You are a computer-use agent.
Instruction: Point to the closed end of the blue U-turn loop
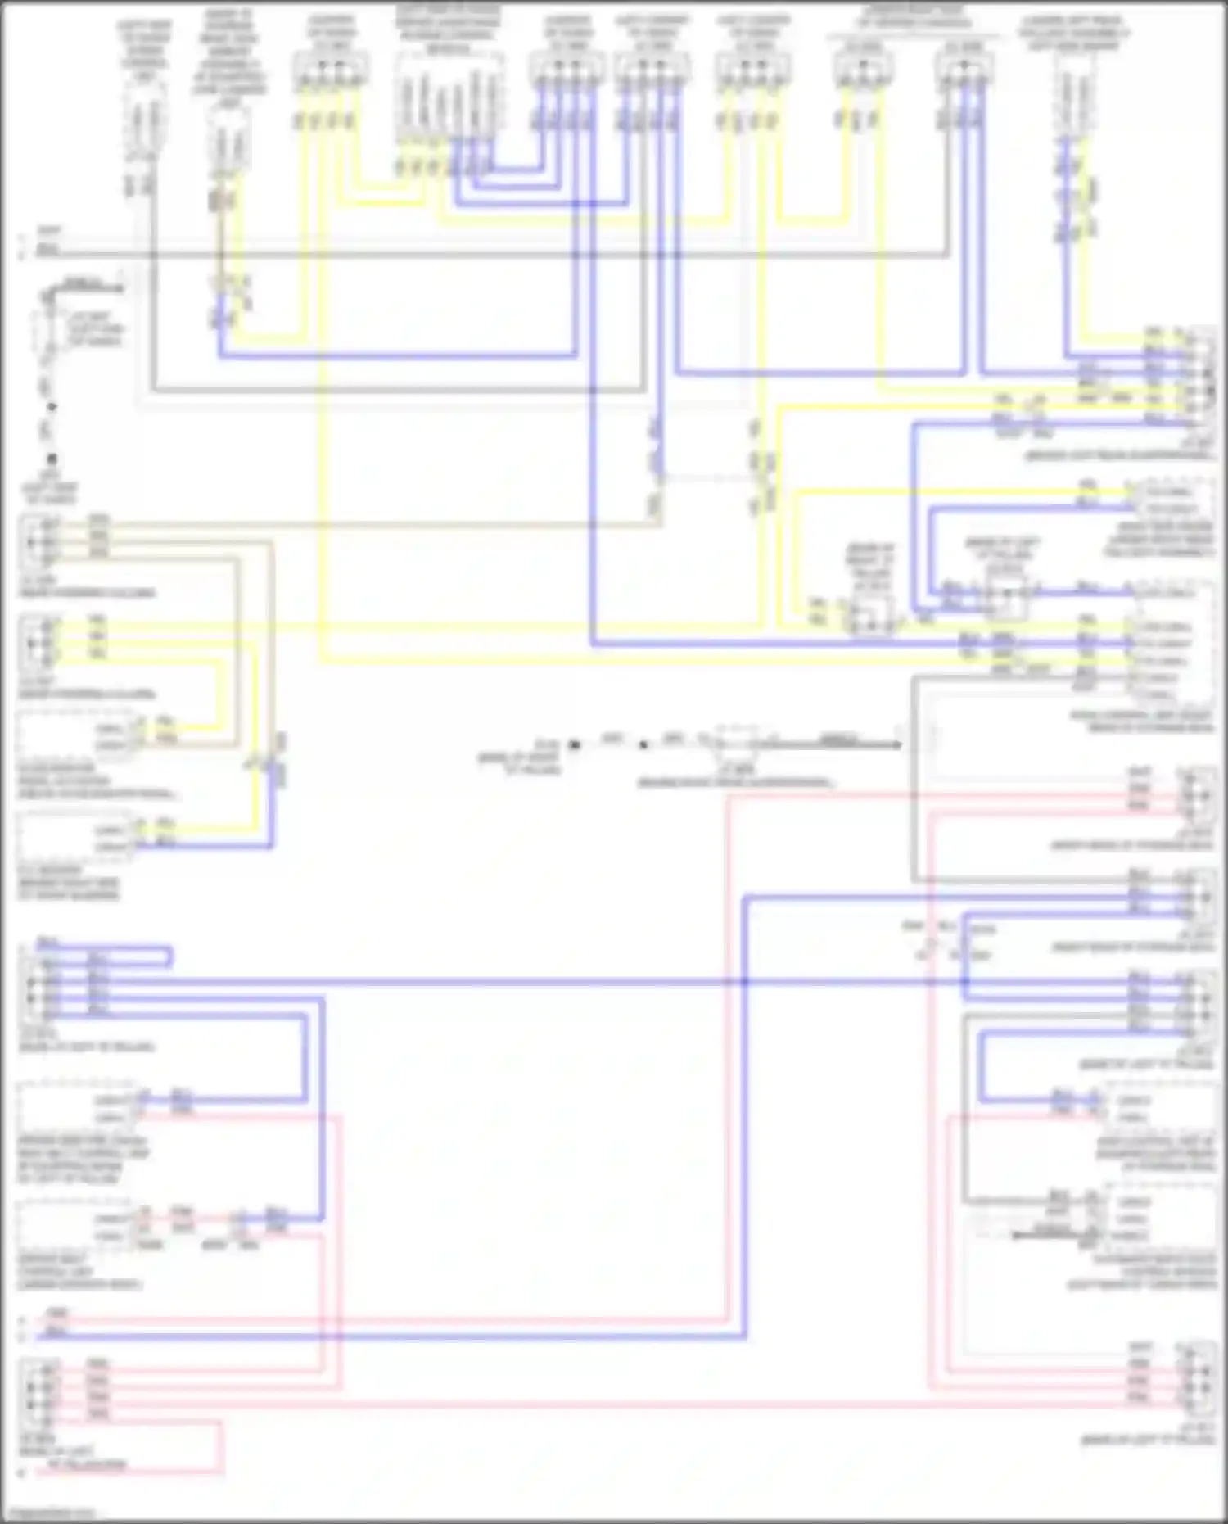tap(169, 956)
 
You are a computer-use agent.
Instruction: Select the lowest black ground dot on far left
tap(52, 459)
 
